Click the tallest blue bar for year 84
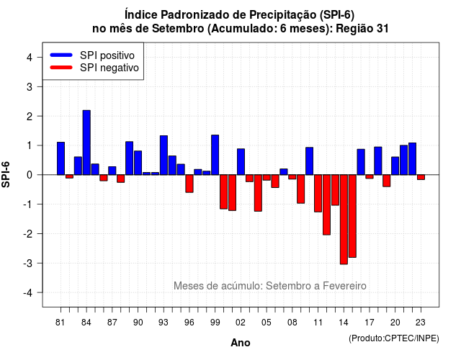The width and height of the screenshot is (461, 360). point(86,143)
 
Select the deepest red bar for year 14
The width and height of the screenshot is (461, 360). point(344,220)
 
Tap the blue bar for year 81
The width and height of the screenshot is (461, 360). point(61,158)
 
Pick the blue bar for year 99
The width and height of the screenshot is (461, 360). point(215,155)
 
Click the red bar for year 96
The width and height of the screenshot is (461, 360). point(189,184)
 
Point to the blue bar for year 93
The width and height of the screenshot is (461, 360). point(164,156)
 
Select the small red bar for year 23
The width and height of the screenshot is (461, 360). point(421,177)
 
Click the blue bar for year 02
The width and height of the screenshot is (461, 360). point(241,161)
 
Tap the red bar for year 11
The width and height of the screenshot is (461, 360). point(318,194)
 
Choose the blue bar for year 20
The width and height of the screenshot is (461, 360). point(395,166)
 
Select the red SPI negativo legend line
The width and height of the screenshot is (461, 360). point(61,68)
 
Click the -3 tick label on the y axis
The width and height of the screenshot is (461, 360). point(27,263)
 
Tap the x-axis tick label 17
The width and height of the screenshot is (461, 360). point(370,323)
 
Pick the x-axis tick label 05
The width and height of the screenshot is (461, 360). point(267,323)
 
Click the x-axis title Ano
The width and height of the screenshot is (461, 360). point(241,343)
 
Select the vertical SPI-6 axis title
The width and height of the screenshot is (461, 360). point(6,174)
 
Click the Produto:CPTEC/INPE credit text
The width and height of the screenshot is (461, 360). point(394,338)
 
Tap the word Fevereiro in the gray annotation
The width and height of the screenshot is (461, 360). point(344,286)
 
